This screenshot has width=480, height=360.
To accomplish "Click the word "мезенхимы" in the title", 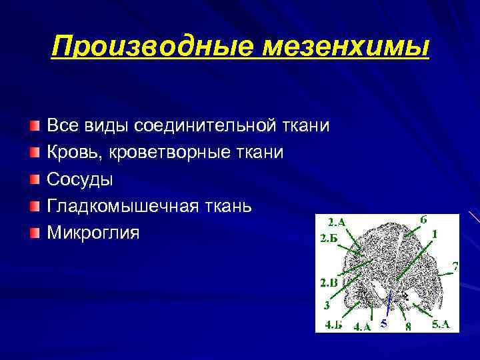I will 343,47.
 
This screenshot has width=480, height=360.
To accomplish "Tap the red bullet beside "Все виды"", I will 34,126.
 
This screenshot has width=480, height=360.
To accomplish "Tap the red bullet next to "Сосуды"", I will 34,179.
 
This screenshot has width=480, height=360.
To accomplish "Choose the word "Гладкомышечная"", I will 121,206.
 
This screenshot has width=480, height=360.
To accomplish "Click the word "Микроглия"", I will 93,233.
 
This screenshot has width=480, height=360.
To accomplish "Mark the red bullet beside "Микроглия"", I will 34,233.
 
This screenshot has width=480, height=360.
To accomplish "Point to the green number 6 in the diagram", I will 424,220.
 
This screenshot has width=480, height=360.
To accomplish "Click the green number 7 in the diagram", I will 455,267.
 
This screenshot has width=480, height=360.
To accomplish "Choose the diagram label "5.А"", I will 441,325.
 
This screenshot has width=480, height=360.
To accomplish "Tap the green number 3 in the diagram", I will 327,306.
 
